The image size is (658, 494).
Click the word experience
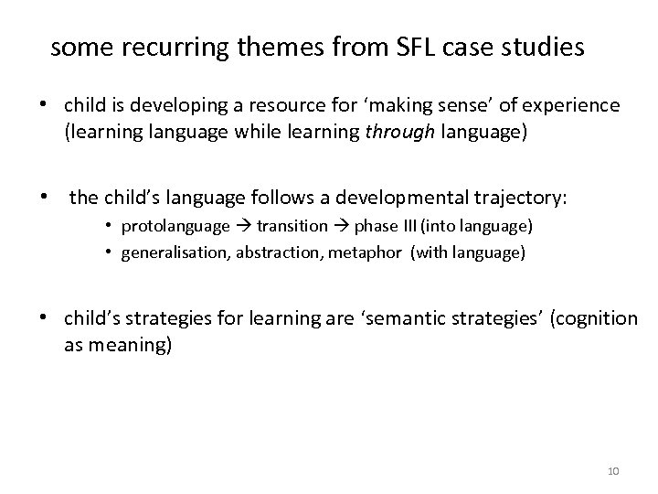(x=576, y=106)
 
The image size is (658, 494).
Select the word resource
(x=300, y=106)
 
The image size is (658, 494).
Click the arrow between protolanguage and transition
(x=242, y=226)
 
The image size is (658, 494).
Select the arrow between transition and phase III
(x=340, y=226)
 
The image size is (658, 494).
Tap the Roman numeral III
(x=402, y=226)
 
